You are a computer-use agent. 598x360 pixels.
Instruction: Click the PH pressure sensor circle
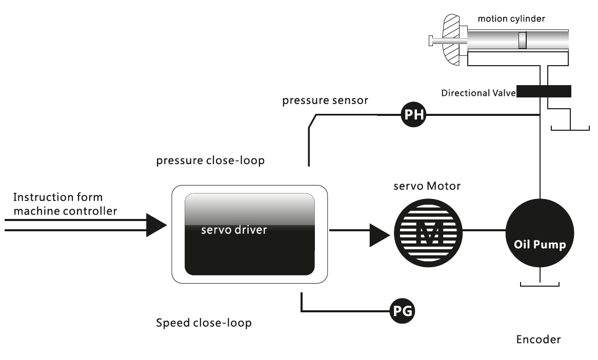(413, 115)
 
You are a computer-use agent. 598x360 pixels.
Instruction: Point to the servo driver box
(249, 234)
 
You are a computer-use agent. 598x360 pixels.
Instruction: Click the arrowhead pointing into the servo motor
(380, 234)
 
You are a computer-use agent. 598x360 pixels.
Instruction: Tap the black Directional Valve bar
(544, 91)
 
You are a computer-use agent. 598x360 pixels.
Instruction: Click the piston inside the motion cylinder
(522, 41)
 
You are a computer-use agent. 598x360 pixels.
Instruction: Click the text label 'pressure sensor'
(325, 101)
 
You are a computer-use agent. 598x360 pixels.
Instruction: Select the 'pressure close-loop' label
(210, 161)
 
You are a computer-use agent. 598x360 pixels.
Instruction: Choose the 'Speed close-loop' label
(204, 324)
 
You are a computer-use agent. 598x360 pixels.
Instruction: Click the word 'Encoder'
(538, 339)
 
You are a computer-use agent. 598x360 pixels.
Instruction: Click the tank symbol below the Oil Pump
(540, 284)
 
